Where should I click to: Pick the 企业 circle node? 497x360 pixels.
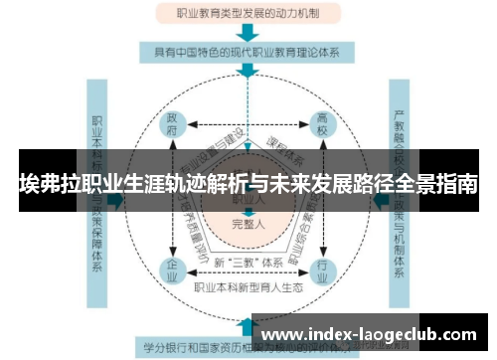coord(173,268)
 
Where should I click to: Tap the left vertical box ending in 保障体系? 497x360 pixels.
coord(97,199)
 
